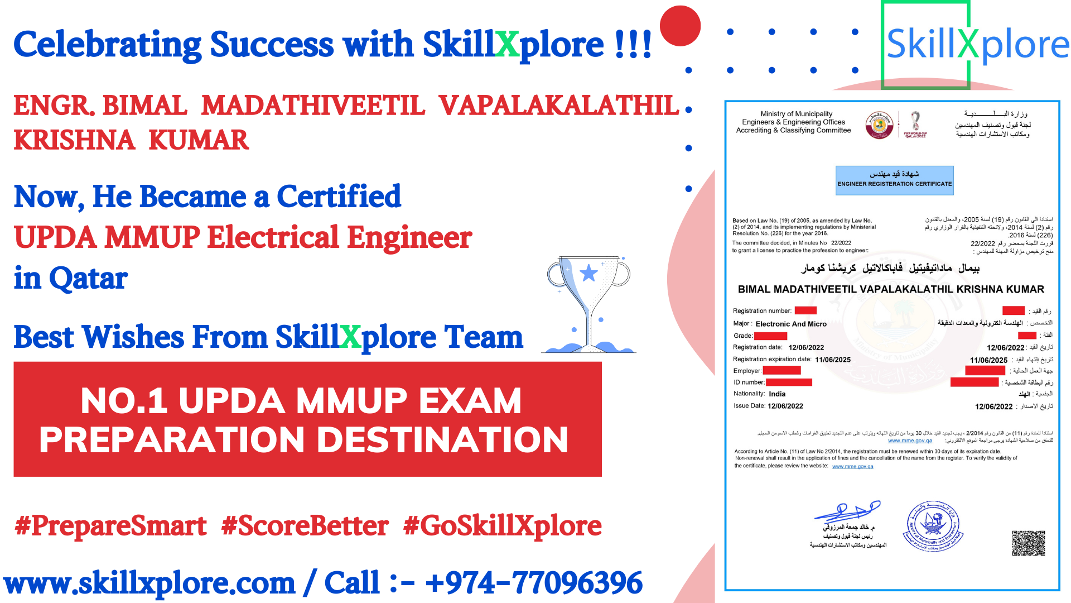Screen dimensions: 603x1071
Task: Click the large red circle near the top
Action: pyautogui.click(x=680, y=26)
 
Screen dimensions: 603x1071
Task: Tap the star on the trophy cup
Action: pyautogui.click(x=589, y=273)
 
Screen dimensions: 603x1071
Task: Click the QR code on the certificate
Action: pyautogui.click(x=1028, y=543)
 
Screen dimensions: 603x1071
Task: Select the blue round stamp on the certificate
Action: pyautogui.click(x=933, y=526)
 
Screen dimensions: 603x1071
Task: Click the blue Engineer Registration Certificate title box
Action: pyautogui.click(x=894, y=180)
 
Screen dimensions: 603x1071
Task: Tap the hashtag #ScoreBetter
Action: pyautogui.click(x=305, y=526)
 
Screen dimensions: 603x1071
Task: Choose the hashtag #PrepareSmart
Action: pyautogui.click(x=111, y=526)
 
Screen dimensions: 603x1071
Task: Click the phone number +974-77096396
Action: pyautogui.click(x=534, y=583)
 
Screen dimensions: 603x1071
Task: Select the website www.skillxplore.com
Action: pyautogui.click(x=149, y=583)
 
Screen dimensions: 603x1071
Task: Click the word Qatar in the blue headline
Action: pyautogui.click(x=88, y=278)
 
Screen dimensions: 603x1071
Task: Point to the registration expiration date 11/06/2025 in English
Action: pyautogui.click(x=833, y=360)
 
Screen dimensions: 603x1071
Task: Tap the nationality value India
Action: pyautogui.click(x=777, y=394)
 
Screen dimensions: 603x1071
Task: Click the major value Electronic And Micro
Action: pyautogui.click(x=791, y=324)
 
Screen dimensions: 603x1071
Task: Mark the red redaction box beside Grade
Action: pyautogui.click(x=770, y=336)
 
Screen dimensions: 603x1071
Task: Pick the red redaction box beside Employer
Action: pyautogui.click(x=781, y=371)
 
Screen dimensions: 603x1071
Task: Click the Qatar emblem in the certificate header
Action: pyautogui.click(x=879, y=125)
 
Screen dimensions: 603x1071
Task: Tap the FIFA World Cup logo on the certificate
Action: pyautogui.click(x=915, y=124)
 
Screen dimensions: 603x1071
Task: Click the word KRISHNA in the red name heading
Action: pyautogui.click(x=74, y=140)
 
